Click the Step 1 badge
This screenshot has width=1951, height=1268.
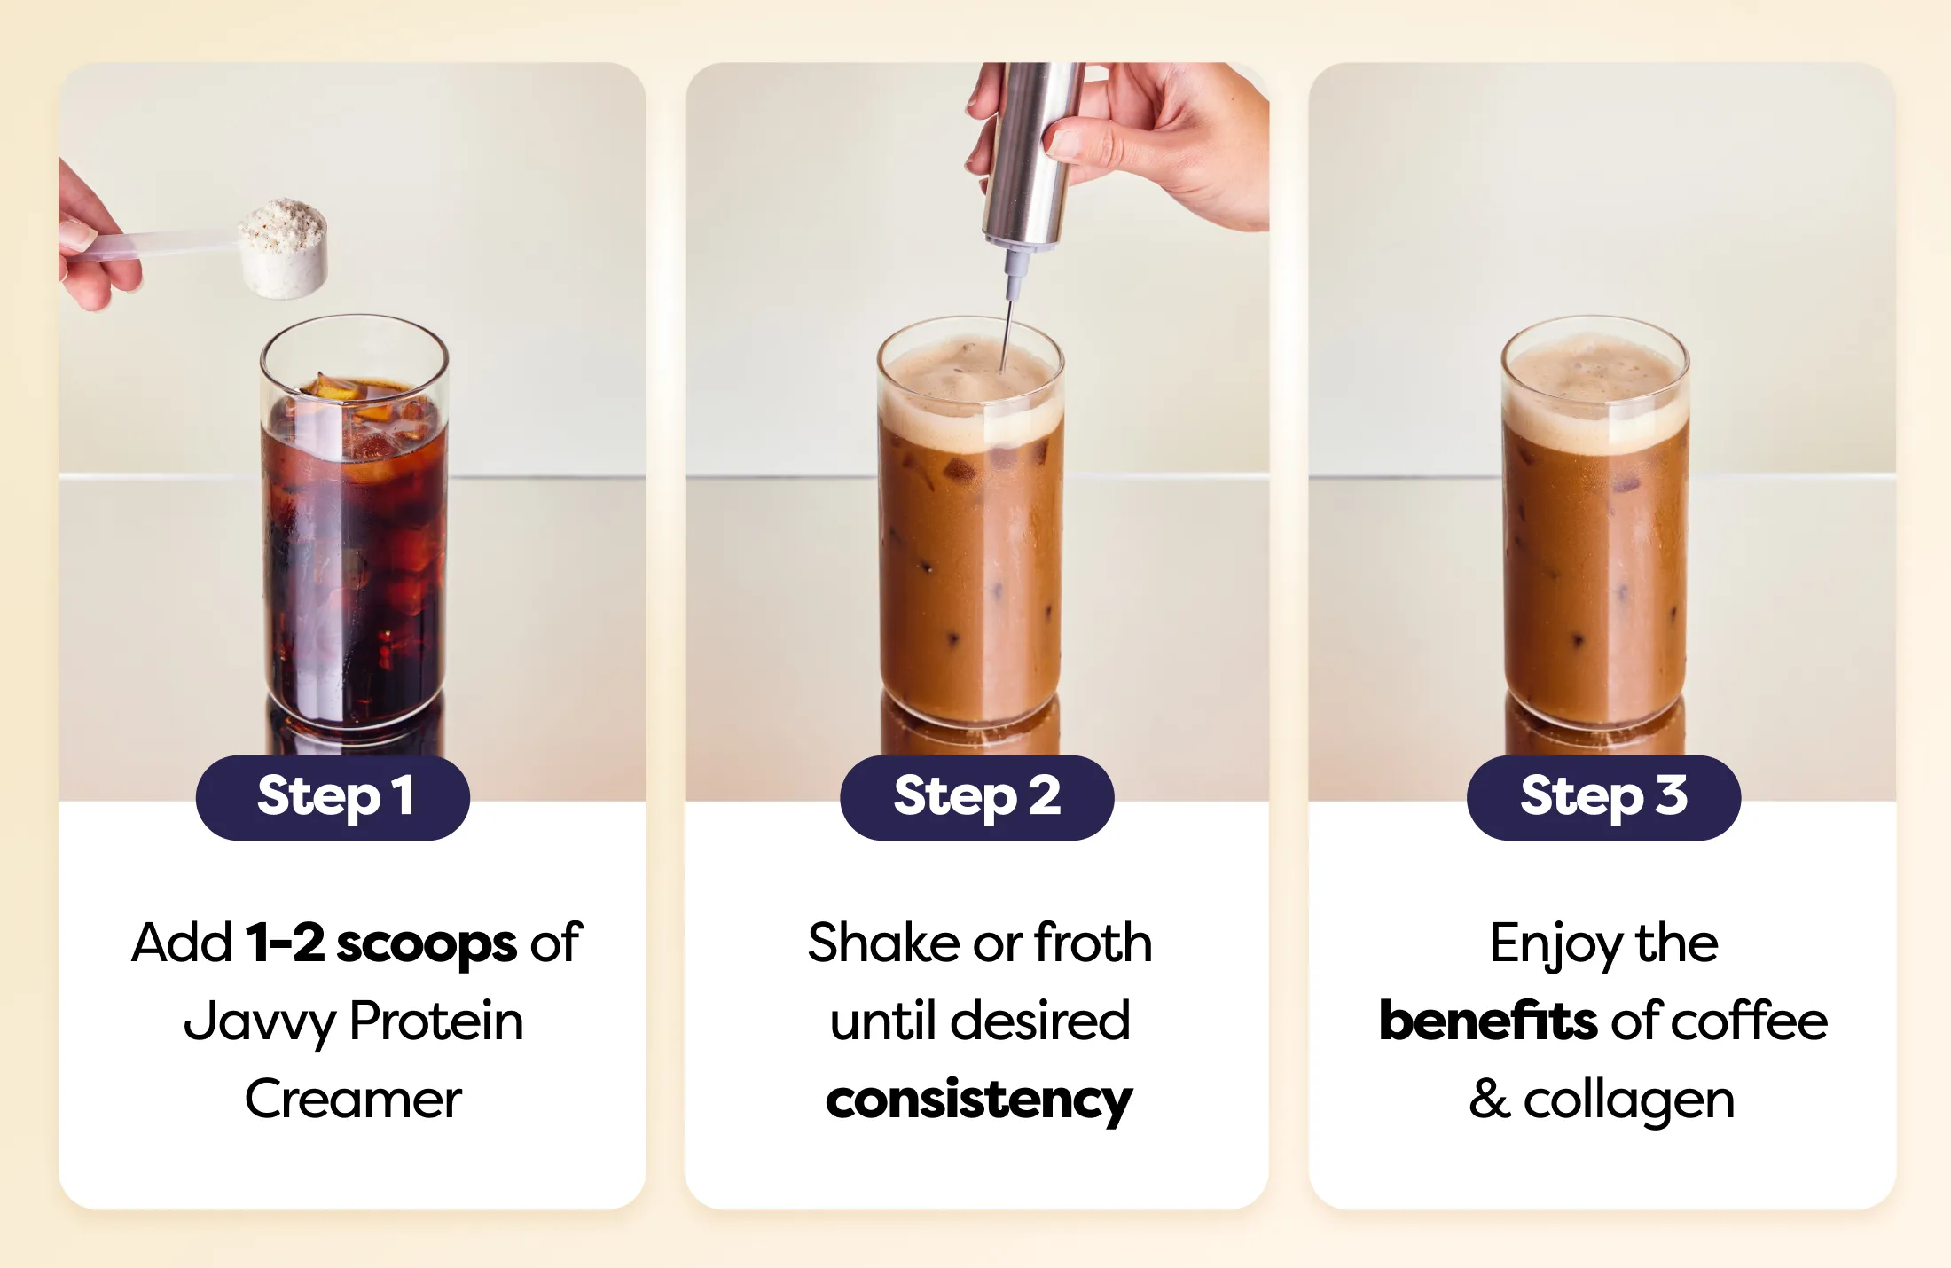click(333, 797)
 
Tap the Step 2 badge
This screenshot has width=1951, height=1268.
click(976, 797)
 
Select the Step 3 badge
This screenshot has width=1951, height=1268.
click(1603, 797)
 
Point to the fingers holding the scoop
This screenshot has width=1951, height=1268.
click(93, 239)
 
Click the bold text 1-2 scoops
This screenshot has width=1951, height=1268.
click(381, 943)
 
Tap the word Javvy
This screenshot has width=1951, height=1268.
click(260, 1022)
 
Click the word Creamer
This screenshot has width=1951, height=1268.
click(353, 1100)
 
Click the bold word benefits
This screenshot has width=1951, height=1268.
click(1489, 1021)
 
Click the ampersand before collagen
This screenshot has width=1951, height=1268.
click(1490, 1100)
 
